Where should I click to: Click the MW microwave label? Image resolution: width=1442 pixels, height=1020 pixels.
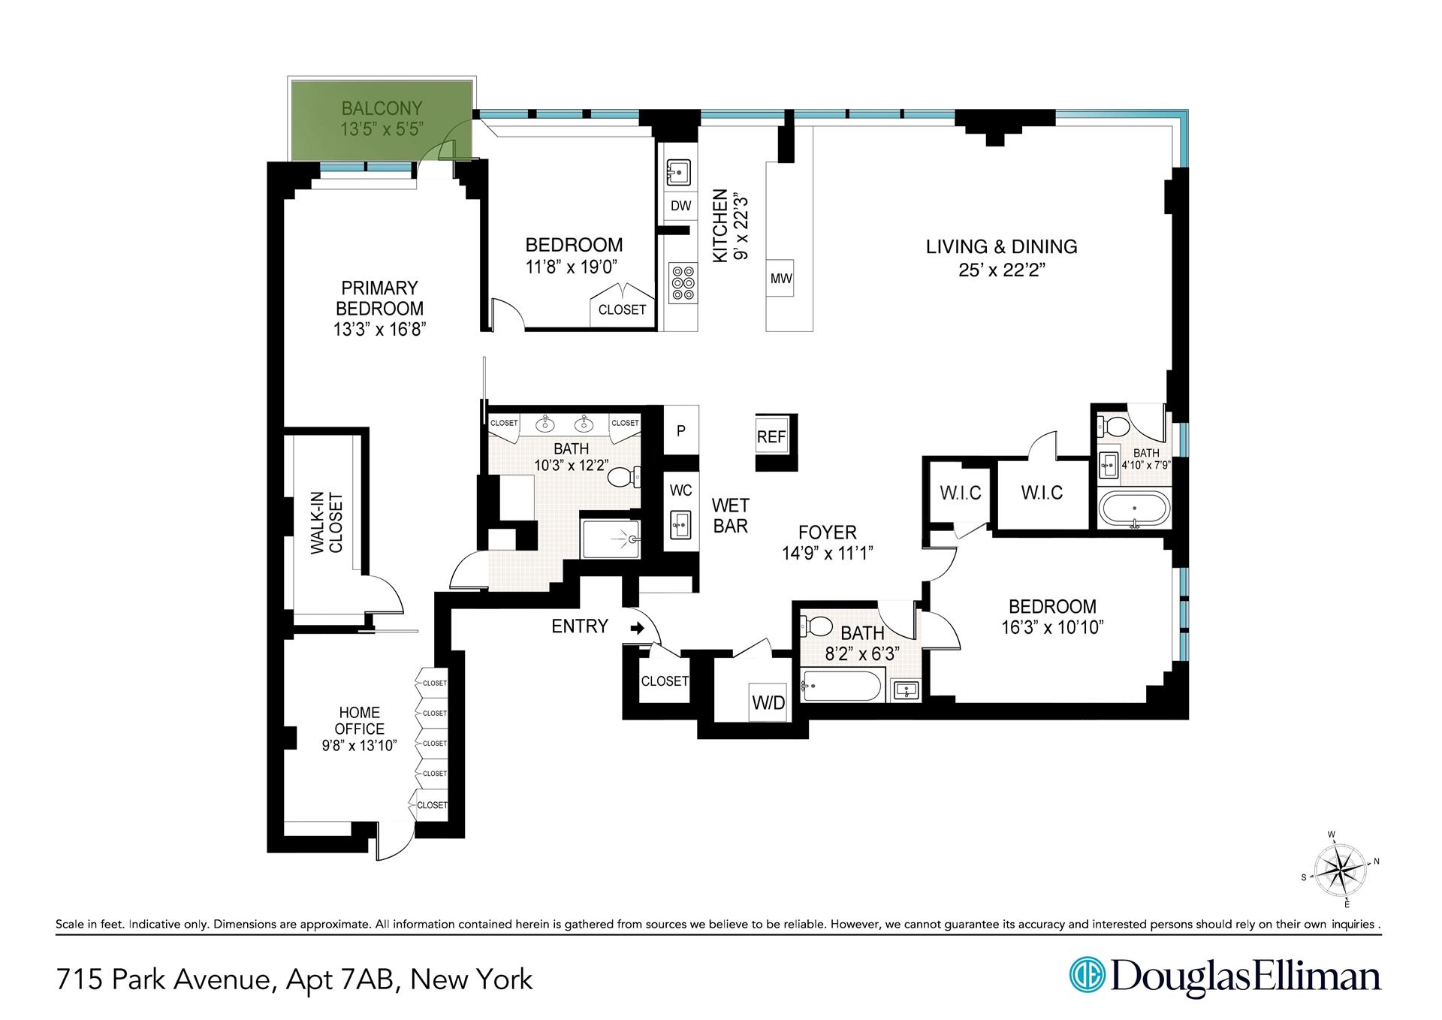click(781, 279)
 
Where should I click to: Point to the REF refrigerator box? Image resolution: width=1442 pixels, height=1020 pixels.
click(771, 437)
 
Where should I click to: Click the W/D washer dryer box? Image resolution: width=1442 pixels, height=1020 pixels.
click(768, 702)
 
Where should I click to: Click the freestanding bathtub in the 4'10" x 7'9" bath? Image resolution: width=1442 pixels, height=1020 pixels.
click(1134, 510)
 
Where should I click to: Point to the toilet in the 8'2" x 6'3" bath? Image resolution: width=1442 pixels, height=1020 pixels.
click(818, 626)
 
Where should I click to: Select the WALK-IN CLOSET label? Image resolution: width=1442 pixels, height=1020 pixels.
click(327, 524)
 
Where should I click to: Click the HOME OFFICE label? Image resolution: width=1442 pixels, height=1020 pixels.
click(360, 720)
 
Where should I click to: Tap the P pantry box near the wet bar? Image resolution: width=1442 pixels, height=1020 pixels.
click(681, 431)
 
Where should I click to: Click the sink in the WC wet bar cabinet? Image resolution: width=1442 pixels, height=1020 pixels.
click(681, 523)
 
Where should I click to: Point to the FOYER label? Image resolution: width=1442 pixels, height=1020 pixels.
click(828, 533)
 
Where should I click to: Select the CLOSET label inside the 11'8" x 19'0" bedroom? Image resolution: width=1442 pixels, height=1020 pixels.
click(622, 309)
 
